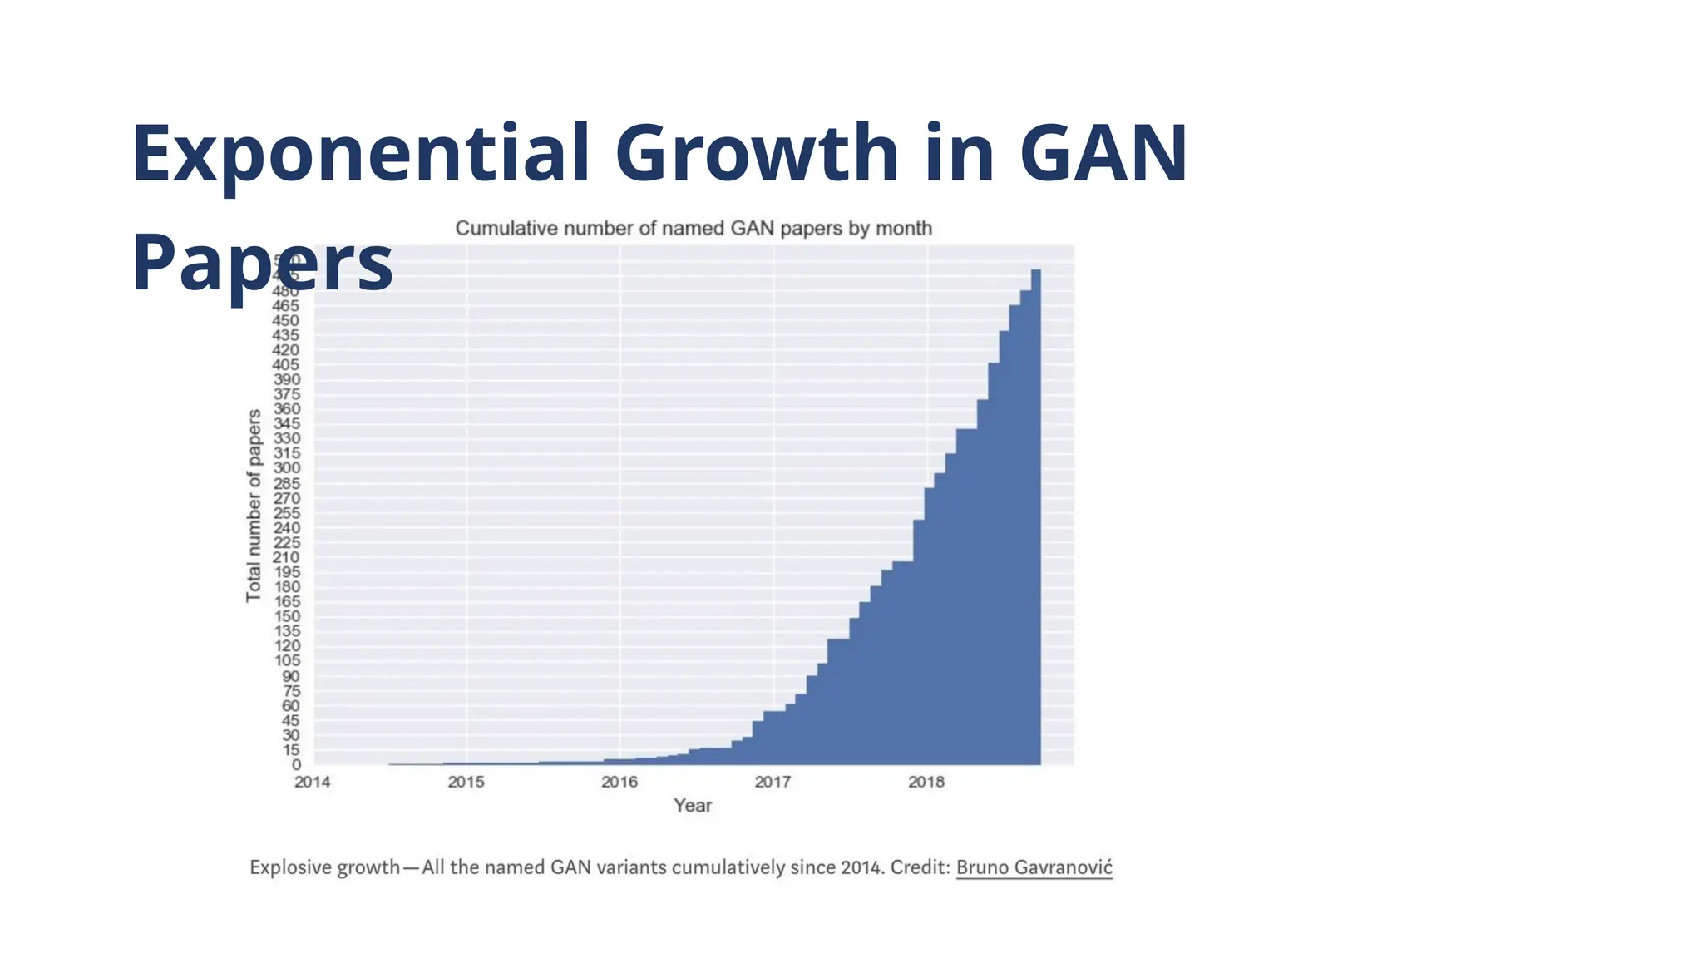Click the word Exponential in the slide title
tap(360, 154)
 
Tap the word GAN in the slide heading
tap(1103, 154)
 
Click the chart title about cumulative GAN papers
tap(694, 229)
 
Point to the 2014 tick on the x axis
tap(312, 782)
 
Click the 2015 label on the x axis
tap(466, 782)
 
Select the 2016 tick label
tap(619, 782)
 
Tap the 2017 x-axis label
tap(773, 782)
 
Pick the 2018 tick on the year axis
tap(926, 782)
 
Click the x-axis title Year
tap(693, 805)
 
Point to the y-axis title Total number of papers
tap(254, 505)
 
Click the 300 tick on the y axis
tap(287, 468)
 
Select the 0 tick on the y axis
tap(296, 765)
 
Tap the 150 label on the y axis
tap(287, 617)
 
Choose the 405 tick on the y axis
tap(286, 365)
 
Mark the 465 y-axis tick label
tap(285, 306)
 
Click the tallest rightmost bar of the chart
tap(1036, 516)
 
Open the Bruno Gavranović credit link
tap(1034, 867)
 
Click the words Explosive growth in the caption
tap(325, 867)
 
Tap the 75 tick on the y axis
tap(291, 691)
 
